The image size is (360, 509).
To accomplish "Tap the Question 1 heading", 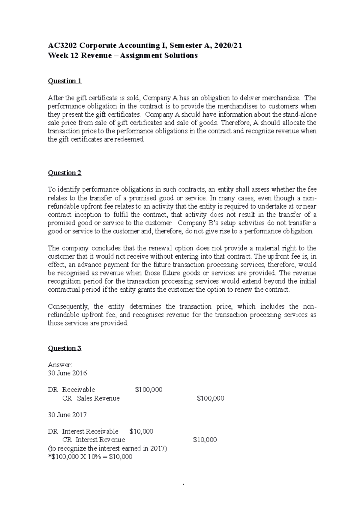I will [x=65, y=81].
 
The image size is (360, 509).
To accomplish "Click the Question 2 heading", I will [x=65, y=173].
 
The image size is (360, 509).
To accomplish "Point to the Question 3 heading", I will [x=65, y=348].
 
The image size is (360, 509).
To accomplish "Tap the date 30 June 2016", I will [x=67, y=373].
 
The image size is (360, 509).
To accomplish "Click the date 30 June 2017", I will [x=67, y=415].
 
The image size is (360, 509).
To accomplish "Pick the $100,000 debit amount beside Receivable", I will [x=149, y=390].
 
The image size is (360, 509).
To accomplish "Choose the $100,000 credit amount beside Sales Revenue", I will [x=211, y=398].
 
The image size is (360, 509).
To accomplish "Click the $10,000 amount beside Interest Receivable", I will [x=141, y=431].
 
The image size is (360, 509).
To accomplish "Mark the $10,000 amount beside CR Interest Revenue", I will [x=205, y=440].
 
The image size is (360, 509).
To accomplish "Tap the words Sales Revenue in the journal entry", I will [x=98, y=398].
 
